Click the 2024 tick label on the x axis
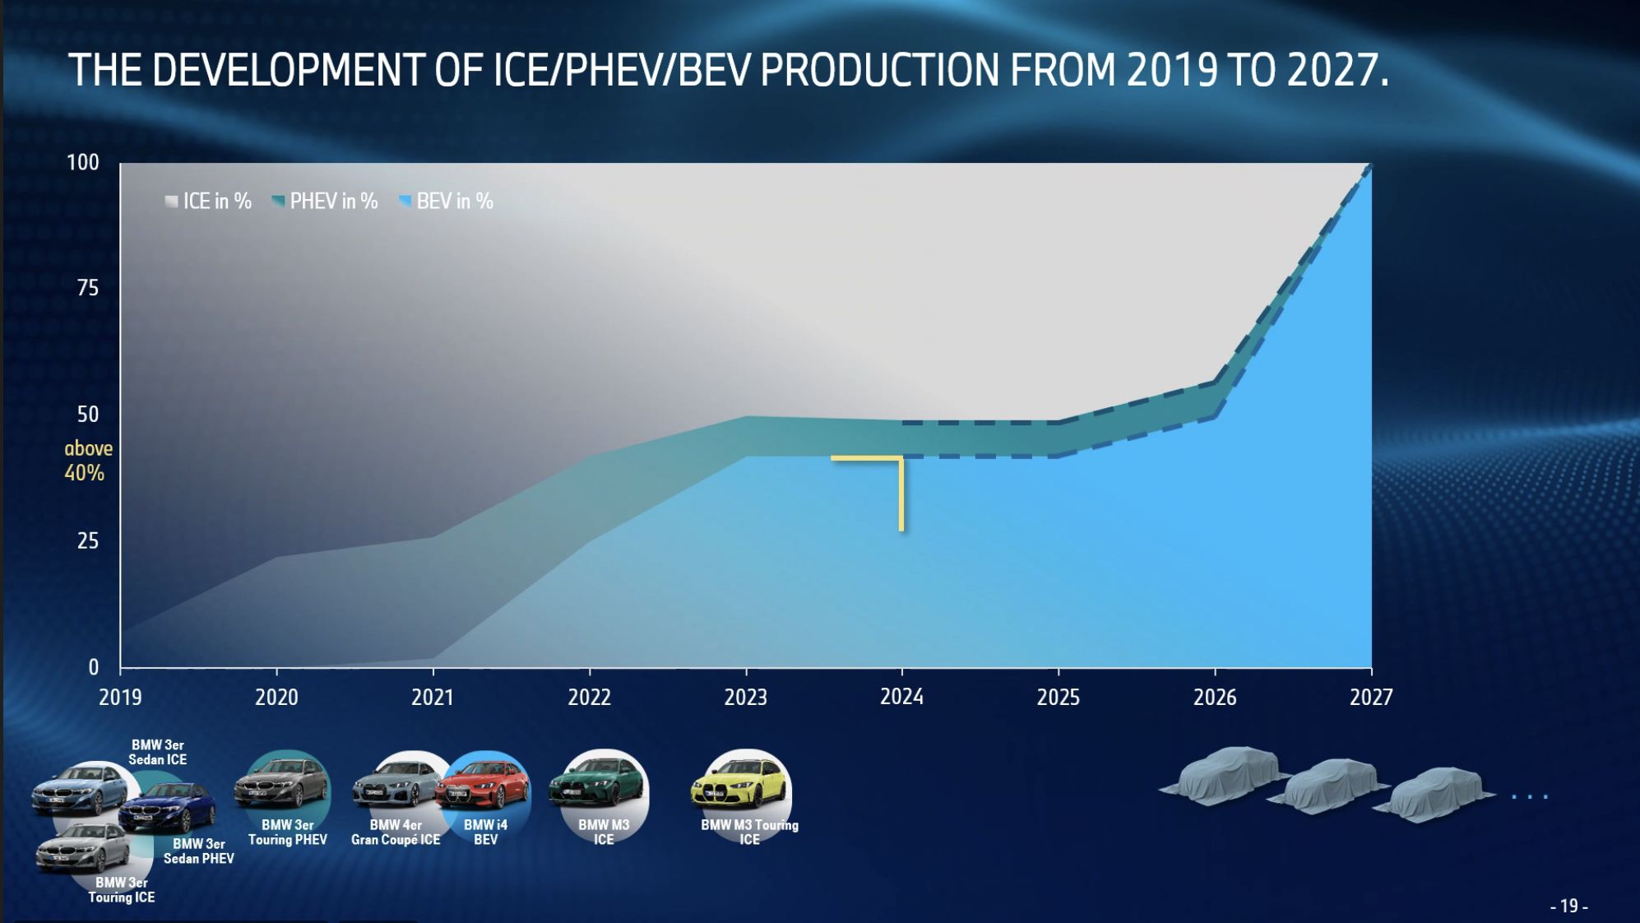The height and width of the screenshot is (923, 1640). pos(901,697)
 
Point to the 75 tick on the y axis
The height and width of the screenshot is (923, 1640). pos(87,288)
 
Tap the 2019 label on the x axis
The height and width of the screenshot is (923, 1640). pos(120,698)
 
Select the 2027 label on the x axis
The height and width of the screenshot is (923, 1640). pos(1371,698)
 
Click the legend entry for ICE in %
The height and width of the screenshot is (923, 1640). pos(208,202)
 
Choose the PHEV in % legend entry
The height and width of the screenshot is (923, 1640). pos(325,202)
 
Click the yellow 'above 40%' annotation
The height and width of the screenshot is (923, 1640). pos(87,461)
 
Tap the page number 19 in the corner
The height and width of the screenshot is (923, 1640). pos(1568,906)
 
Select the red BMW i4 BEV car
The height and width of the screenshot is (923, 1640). pos(481,786)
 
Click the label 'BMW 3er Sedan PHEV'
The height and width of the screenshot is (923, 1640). pos(198,851)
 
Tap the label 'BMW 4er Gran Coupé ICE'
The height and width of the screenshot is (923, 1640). pos(396,833)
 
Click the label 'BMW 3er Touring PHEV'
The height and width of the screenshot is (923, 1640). pos(288,833)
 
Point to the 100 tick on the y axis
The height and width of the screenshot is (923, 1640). pos(82,163)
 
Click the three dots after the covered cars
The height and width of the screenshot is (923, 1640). pos(1530,796)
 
